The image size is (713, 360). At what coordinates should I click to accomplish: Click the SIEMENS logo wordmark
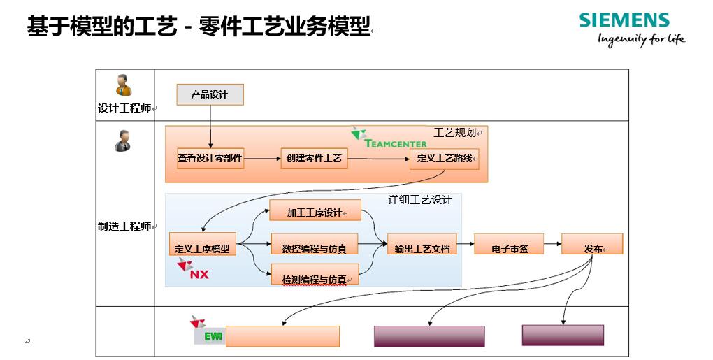coord(624,20)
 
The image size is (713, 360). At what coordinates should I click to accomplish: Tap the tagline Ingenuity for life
coord(641,39)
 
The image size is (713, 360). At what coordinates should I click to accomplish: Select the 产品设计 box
coord(210,94)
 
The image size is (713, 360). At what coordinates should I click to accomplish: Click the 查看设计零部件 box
coord(210,159)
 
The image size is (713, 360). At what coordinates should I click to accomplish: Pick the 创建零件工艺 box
coord(314,159)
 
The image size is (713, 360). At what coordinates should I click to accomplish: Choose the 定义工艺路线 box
coord(444,159)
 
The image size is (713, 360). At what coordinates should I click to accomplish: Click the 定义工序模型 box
coord(202,248)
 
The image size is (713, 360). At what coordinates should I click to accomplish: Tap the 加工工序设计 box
coord(315,212)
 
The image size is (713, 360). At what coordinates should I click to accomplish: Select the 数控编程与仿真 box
coord(315,248)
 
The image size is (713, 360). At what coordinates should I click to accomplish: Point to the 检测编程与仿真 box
coord(315,280)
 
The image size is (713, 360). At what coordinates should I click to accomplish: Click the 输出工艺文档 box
coord(422,248)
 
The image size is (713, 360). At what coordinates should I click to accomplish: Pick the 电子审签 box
coord(510,248)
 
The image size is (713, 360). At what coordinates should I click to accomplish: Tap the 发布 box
coord(592,248)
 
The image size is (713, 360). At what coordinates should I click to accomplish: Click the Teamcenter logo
coord(389,138)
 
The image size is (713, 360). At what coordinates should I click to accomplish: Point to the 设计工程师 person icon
coord(124,85)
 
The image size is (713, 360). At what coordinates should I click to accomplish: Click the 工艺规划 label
coord(454,132)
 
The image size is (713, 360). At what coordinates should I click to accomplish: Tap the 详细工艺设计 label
coord(420,200)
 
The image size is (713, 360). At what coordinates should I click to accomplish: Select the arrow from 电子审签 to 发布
coord(552,244)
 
